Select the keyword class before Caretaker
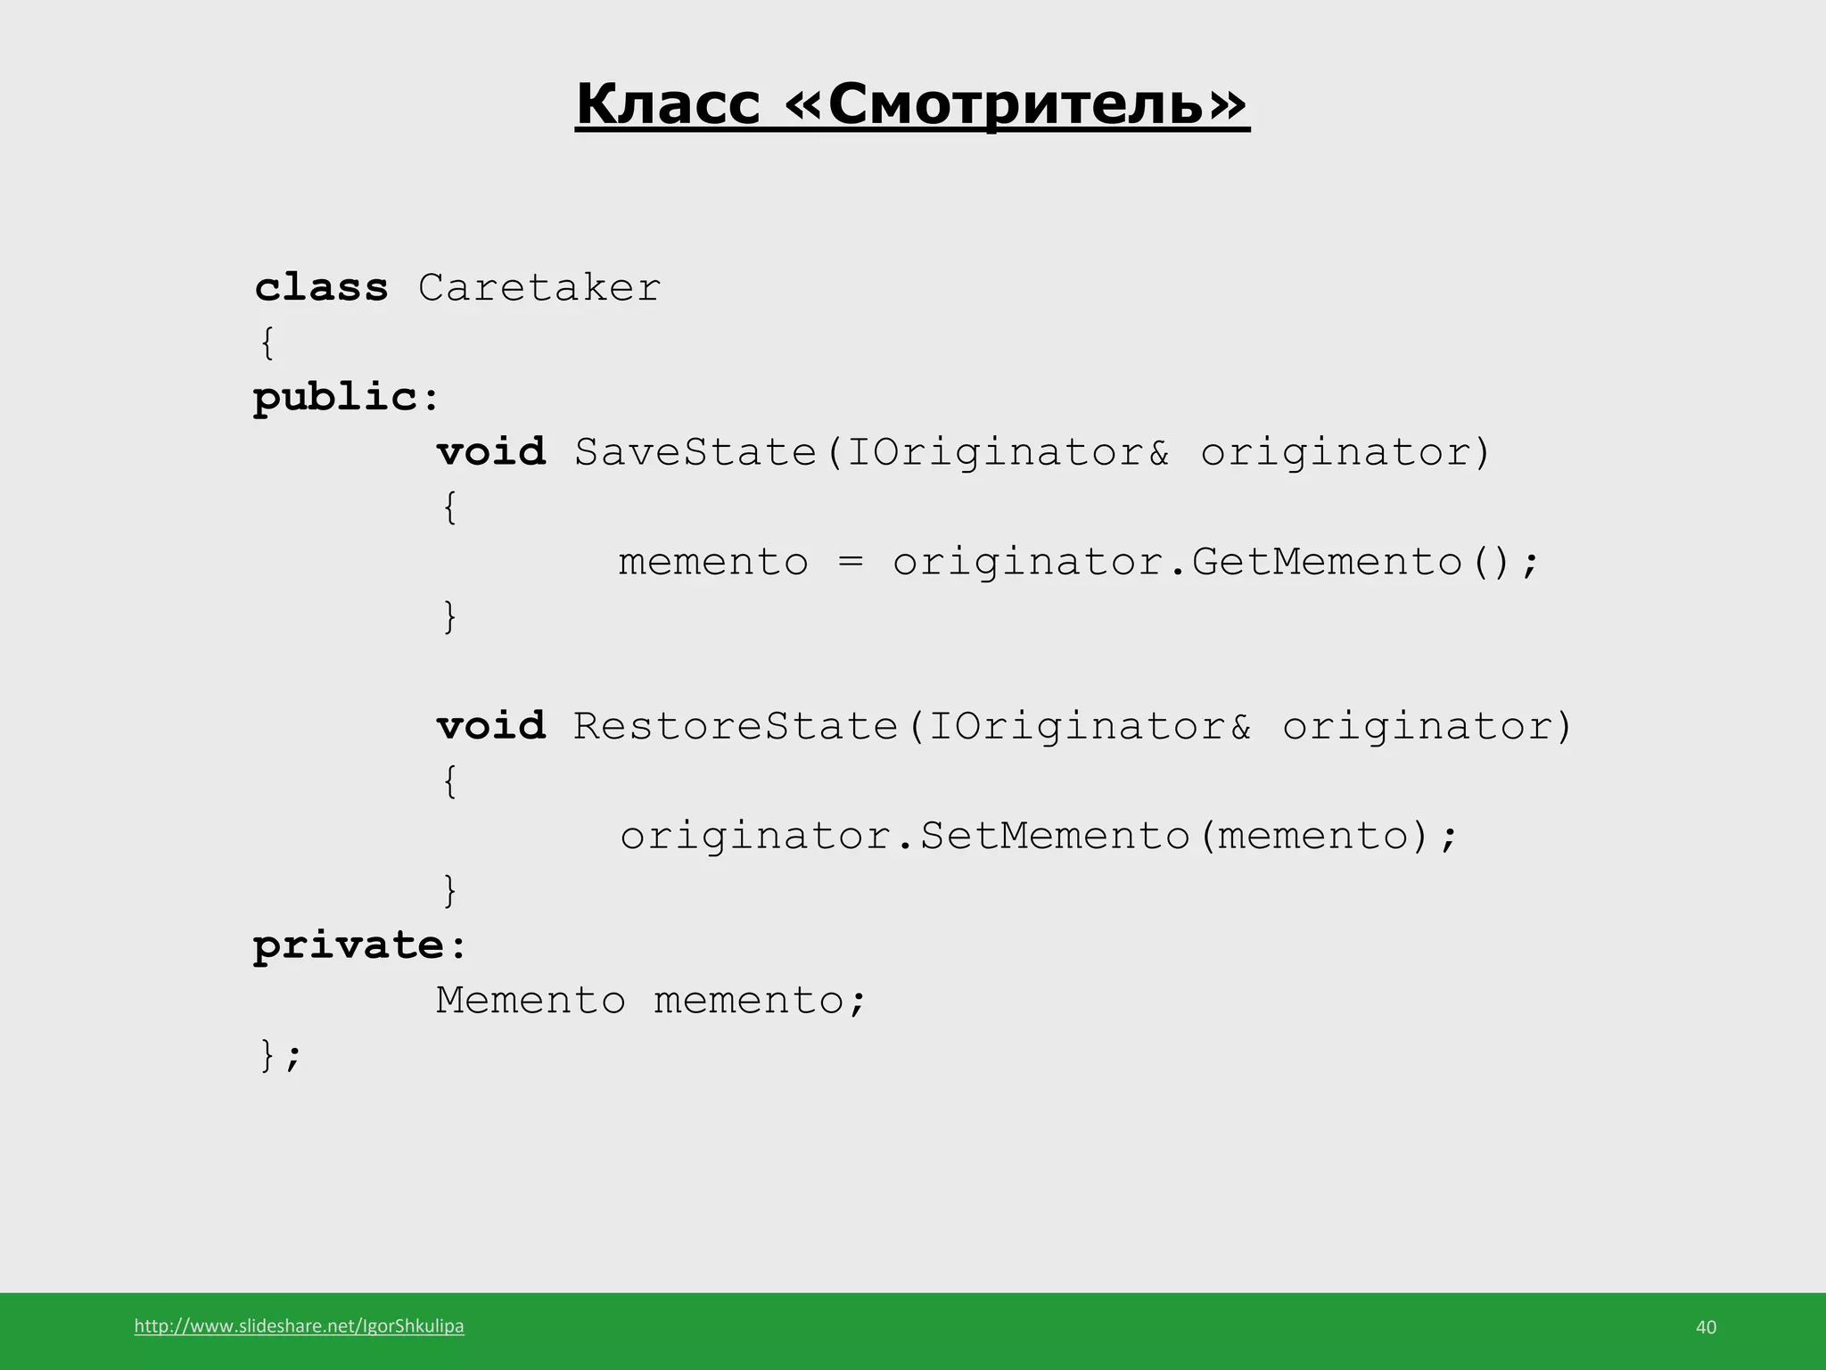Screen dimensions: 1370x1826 321,288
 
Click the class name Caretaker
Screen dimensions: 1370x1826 539,288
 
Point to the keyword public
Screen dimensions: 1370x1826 334,398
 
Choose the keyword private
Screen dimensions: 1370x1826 348,945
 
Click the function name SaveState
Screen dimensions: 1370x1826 695,452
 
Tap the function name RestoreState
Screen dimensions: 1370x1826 736,726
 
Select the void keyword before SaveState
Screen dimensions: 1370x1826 491,452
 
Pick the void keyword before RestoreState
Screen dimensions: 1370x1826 491,726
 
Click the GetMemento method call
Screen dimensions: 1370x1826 1327,562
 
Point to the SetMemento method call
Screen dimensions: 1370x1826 1055,836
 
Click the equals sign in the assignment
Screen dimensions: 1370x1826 851,562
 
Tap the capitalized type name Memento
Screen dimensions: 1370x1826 531,1000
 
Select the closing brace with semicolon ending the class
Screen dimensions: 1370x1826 280,1055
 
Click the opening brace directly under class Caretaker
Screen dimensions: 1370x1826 267,343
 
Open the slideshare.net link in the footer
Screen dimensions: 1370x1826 299,1326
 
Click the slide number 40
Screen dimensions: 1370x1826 1706,1327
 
